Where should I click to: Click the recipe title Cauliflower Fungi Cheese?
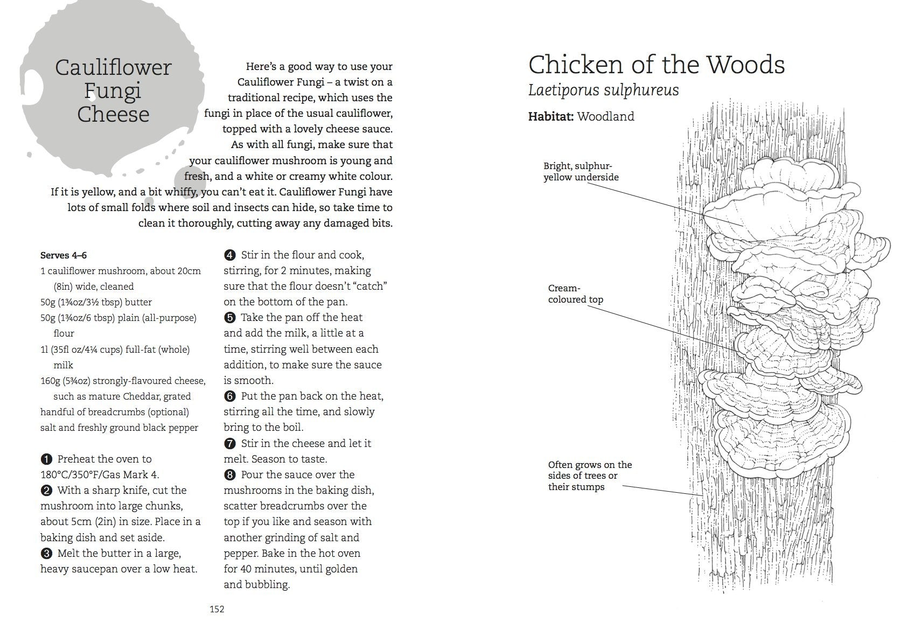(x=113, y=90)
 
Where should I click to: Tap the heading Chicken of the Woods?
(x=656, y=65)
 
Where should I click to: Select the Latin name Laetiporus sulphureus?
(x=603, y=90)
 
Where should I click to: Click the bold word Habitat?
(x=550, y=116)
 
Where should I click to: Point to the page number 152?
(x=216, y=609)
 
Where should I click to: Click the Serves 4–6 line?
(x=64, y=255)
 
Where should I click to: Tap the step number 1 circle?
(x=46, y=459)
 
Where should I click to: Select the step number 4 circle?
(x=230, y=255)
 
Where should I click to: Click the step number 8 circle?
(x=230, y=475)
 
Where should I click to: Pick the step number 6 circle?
(x=230, y=396)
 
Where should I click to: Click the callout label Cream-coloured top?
(x=575, y=294)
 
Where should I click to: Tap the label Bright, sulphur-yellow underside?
(x=581, y=172)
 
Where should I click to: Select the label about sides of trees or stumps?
(x=590, y=476)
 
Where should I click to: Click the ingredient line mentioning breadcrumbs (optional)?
(x=115, y=412)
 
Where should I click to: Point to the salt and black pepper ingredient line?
(x=119, y=428)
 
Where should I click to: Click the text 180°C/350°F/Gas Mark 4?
(x=100, y=475)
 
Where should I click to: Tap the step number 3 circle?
(x=46, y=554)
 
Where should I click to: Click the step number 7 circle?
(x=230, y=444)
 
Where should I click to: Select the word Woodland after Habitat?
(x=605, y=116)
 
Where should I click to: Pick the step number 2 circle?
(x=46, y=491)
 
